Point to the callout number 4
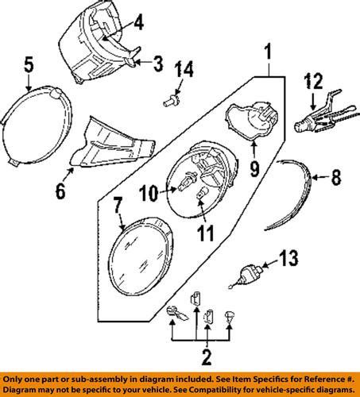[x=137, y=24]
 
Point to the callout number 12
[x=316, y=81]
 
